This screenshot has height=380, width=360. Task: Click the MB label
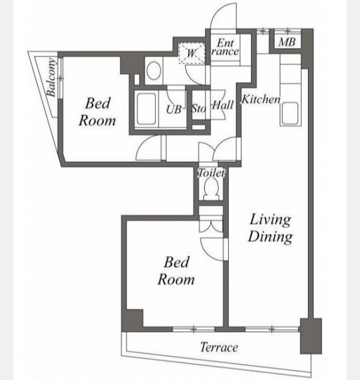coord(286,42)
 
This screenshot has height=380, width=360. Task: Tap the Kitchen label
coord(261,99)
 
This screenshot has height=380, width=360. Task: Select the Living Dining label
coord(270,228)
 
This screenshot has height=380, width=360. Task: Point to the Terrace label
coord(219,347)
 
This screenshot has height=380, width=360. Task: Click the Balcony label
coord(51,77)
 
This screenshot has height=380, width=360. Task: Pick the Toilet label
coord(211,173)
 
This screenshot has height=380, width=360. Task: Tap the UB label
coord(174,110)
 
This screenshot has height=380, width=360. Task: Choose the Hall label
coord(222,105)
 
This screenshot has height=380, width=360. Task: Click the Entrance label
coord(225,47)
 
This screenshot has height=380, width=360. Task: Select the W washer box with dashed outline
coord(191,53)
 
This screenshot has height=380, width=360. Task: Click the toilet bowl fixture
coord(211,189)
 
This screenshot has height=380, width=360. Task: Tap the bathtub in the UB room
coord(146,109)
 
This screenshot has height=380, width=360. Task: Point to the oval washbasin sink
coord(153,70)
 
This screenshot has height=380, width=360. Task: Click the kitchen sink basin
coord(290,112)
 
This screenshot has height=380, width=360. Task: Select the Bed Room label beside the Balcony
coord(97,111)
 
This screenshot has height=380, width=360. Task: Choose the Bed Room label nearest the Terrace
coord(176,270)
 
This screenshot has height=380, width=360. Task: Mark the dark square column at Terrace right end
coord(311,336)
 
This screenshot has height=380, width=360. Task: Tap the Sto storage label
coord(198,108)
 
